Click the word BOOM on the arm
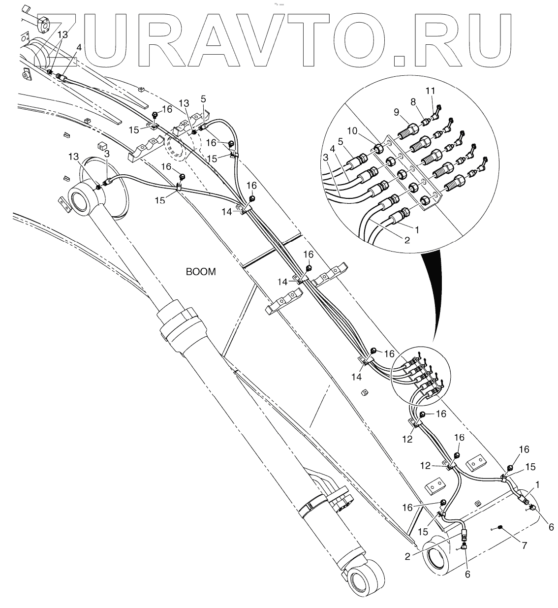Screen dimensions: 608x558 click(x=201, y=272)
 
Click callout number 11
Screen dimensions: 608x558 click(x=431, y=91)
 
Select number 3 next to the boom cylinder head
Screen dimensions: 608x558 click(x=107, y=154)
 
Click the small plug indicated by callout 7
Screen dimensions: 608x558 click(x=500, y=527)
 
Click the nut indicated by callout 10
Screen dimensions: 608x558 click(x=379, y=148)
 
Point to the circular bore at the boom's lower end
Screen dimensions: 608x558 click(x=436, y=559)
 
